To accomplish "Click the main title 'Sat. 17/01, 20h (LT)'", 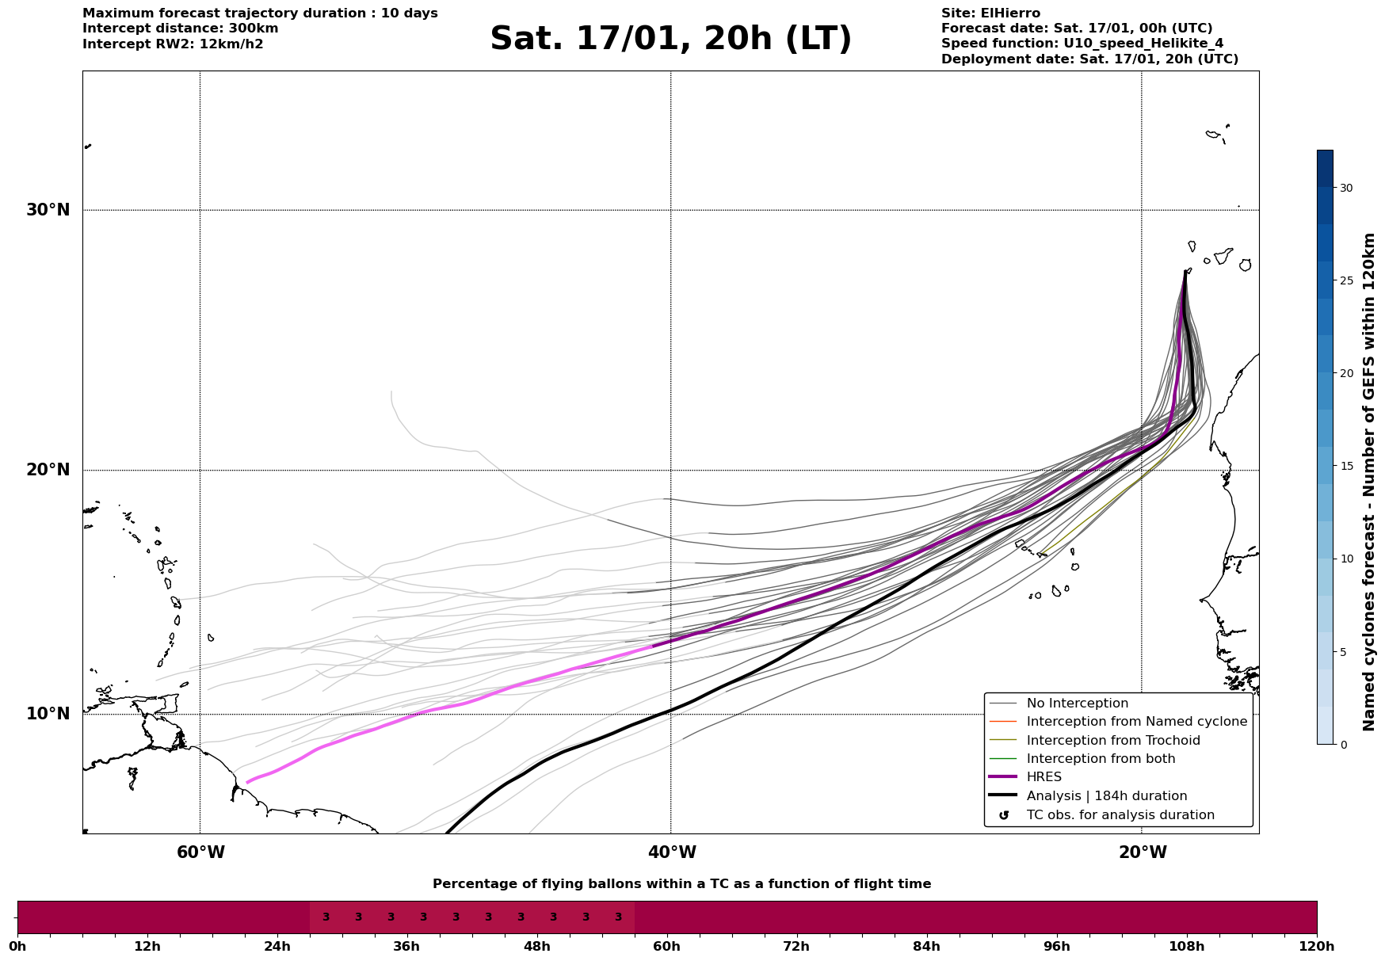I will pyautogui.click(x=670, y=39).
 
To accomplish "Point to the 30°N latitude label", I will pyautogui.click(x=48, y=210).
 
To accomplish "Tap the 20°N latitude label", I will pyautogui.click(x=48, y=470).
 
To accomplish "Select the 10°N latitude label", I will pyautogui.click(x=48, y=714).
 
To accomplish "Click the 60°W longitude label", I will pyautogui.click(x=200, y=852).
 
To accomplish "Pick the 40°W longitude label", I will pyautogui.click(x=672, y=852).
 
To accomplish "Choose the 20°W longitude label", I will pyautogui.click(x=1143, y=852).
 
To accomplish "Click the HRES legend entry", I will pyautogui.click(x=1044, y=777).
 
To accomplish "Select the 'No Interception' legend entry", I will pyautogui.click(x=1077, y=704).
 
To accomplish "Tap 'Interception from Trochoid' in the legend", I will pyautogui.click(x=1112, y=741).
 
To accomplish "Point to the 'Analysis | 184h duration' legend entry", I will pyautogui.click(x=1106, y=796).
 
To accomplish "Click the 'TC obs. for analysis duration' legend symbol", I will pyautogui.click(x=1004, y=815).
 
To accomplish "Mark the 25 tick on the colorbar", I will pyautogui.click(x=1346, y=280).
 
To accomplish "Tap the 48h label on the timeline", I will pyautogui.click(x=536, y=946).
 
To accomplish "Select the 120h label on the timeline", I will pyautogui.click(x=1317, y=946).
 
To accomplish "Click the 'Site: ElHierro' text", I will pyautogui.click(x=990, y=13).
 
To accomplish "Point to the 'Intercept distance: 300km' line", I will pyautogui.click(x=180, y=29).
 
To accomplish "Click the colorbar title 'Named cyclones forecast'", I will pyautogui.click(x=1368, y=482).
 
